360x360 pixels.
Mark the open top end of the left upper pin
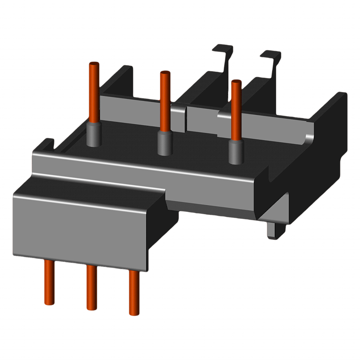point(94,64)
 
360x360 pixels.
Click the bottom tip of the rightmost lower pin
point(134,313)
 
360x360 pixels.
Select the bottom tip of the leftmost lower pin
point(49,303)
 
